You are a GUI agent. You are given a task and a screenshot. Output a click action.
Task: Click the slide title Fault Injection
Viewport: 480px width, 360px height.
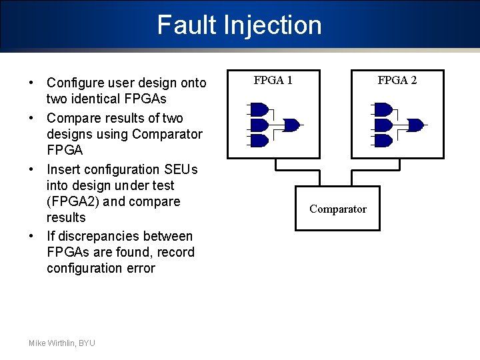(239, 25)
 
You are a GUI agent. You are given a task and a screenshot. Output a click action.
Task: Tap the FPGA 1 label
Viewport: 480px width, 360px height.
(273, 81)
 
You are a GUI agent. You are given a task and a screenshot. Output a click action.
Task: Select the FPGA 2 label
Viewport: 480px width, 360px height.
(397, 81)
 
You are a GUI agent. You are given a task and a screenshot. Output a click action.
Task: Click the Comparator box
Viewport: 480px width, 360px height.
(337, 209)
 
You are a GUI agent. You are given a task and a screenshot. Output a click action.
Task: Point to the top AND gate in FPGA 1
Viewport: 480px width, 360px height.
(259, 109)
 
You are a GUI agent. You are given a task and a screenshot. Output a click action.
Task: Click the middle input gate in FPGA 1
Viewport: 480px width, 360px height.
(259, 125)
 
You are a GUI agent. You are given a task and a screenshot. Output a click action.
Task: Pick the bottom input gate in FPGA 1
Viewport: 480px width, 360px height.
(259, 141)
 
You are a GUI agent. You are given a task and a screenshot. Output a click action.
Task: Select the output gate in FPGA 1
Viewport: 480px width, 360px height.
(291, 125)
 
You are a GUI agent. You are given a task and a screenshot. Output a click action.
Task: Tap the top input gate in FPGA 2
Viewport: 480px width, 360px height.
(383, 109)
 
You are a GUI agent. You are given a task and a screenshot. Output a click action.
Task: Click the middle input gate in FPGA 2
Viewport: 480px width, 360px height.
(383, 125)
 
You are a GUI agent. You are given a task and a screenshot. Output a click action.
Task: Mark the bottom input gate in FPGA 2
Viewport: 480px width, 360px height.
(383, 141)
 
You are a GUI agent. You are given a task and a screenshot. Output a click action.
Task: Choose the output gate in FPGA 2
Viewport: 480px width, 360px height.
(415, 125)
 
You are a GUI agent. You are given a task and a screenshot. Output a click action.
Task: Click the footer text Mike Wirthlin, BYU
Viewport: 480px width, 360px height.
(62, 343)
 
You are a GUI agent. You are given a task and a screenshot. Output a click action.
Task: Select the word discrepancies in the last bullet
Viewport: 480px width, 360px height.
(107, 236)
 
